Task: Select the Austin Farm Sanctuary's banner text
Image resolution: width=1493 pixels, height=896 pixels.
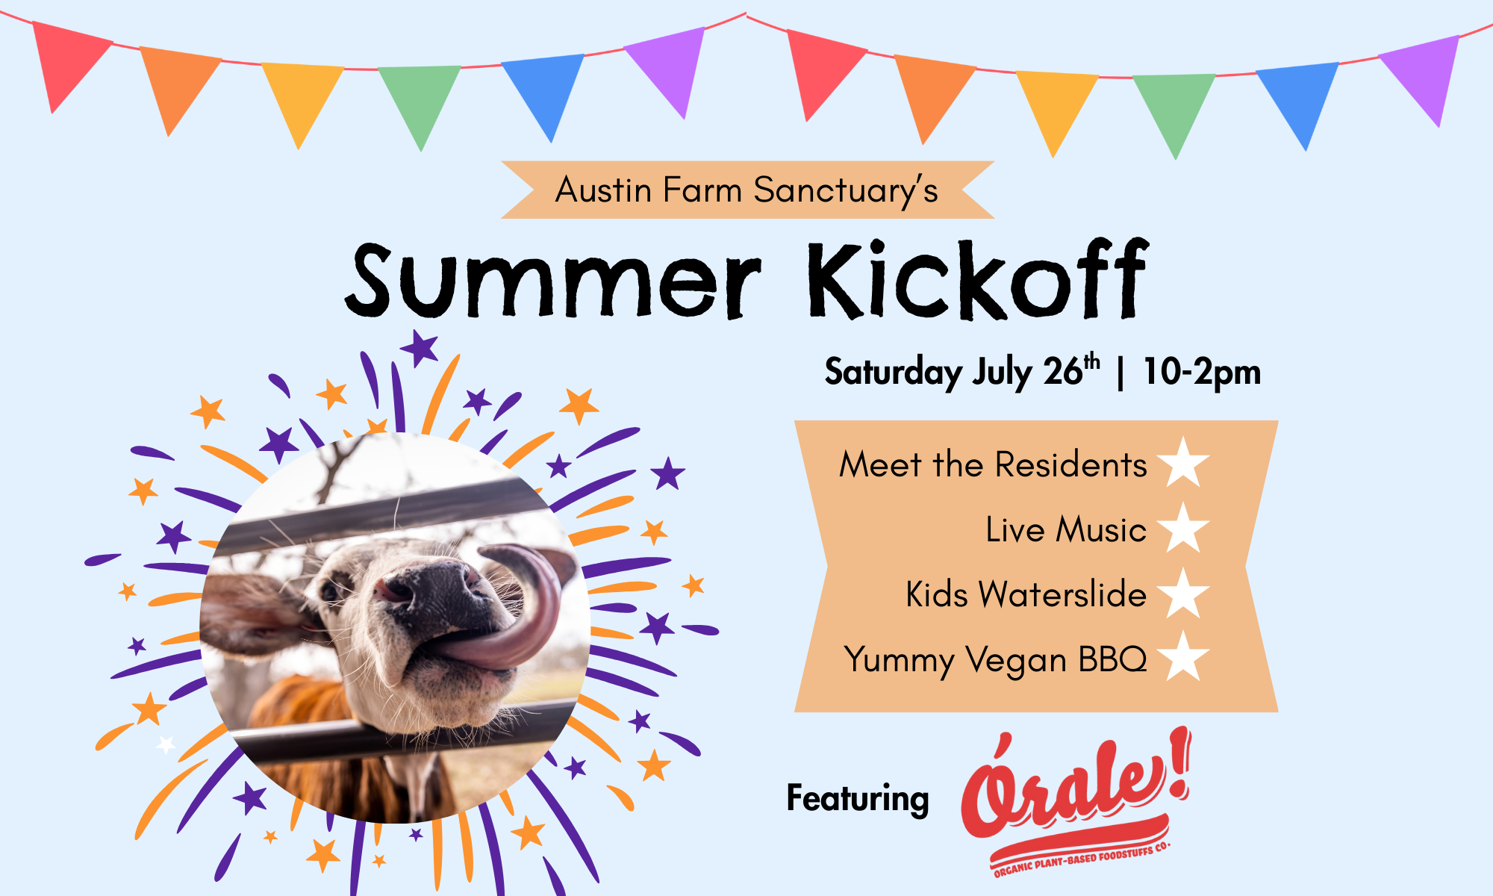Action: click(x=746, y=190)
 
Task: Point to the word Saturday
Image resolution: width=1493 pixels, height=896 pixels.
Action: click(x=894, y=372)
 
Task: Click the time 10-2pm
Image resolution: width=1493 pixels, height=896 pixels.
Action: click(x=1202, y=372)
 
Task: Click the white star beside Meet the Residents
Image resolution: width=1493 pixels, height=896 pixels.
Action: click(x=1183, y=463)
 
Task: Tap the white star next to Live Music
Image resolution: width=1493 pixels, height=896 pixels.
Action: click(x=1183, y=528)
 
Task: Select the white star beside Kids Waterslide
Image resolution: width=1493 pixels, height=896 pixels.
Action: click(x=1183, y=594)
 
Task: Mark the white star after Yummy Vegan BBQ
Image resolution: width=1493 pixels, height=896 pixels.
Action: click(x=1183, y=657)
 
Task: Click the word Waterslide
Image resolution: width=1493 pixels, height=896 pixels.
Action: click(x=1062, y=594)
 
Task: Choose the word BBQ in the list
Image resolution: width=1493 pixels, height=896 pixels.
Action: click(x=1112, y=659)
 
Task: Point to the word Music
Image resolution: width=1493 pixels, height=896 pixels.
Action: click(x=1101, y=529)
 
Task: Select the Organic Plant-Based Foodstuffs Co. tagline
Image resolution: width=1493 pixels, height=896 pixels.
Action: click(x=1082, y=859)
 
